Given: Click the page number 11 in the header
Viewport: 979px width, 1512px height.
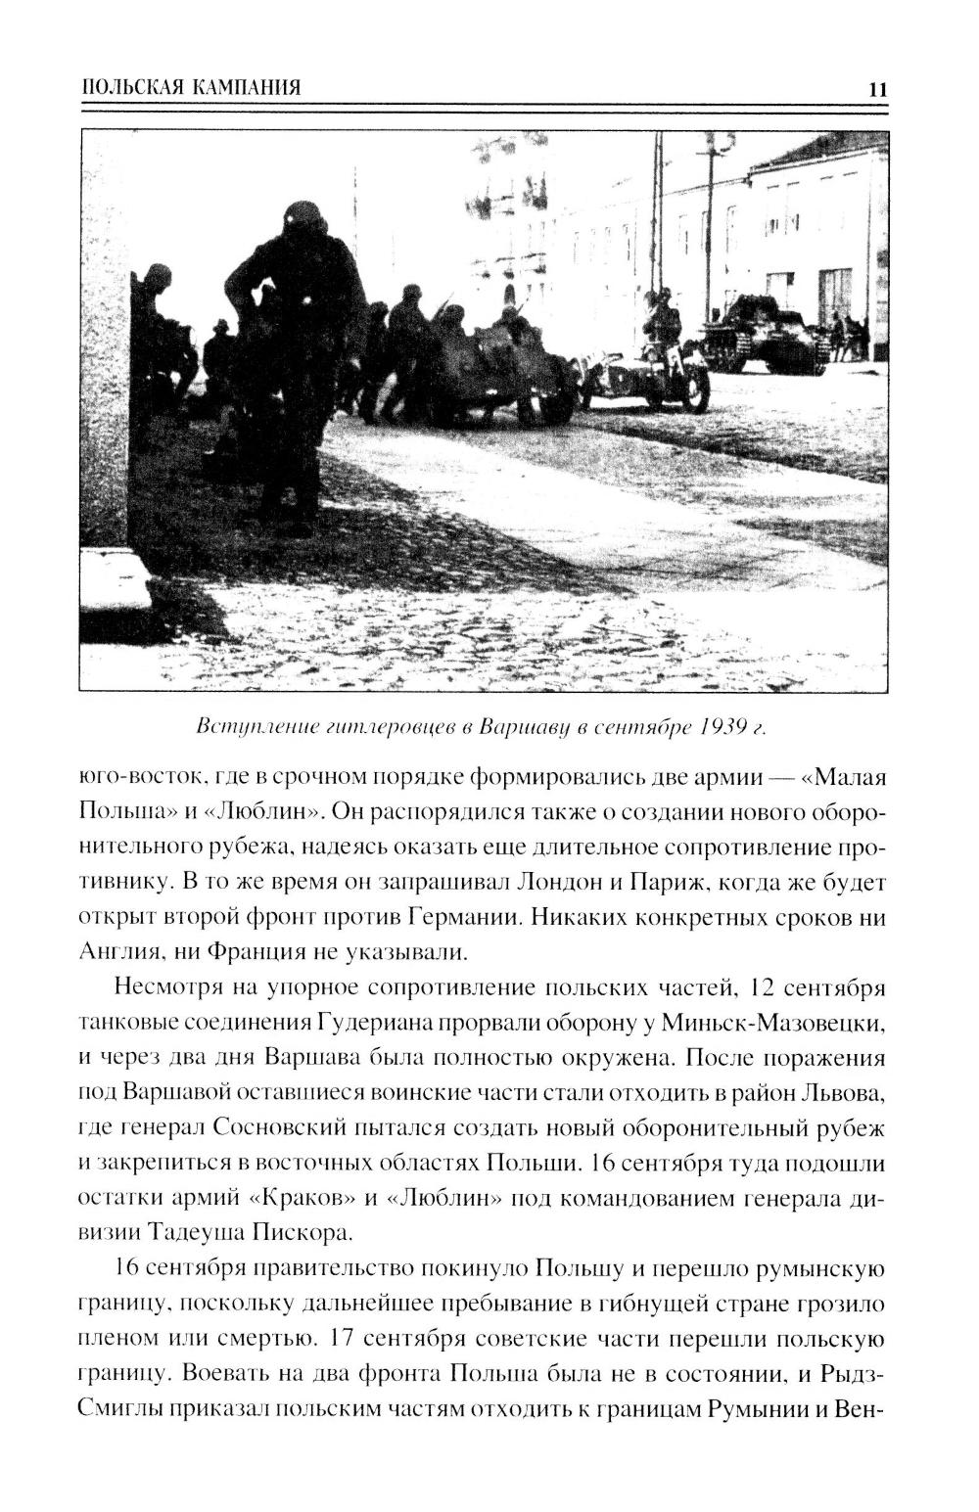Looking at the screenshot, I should pos(876,89).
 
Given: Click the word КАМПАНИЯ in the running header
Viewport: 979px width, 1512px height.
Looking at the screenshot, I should pos(235,87).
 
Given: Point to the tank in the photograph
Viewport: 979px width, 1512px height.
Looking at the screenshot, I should pos(763,334).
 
